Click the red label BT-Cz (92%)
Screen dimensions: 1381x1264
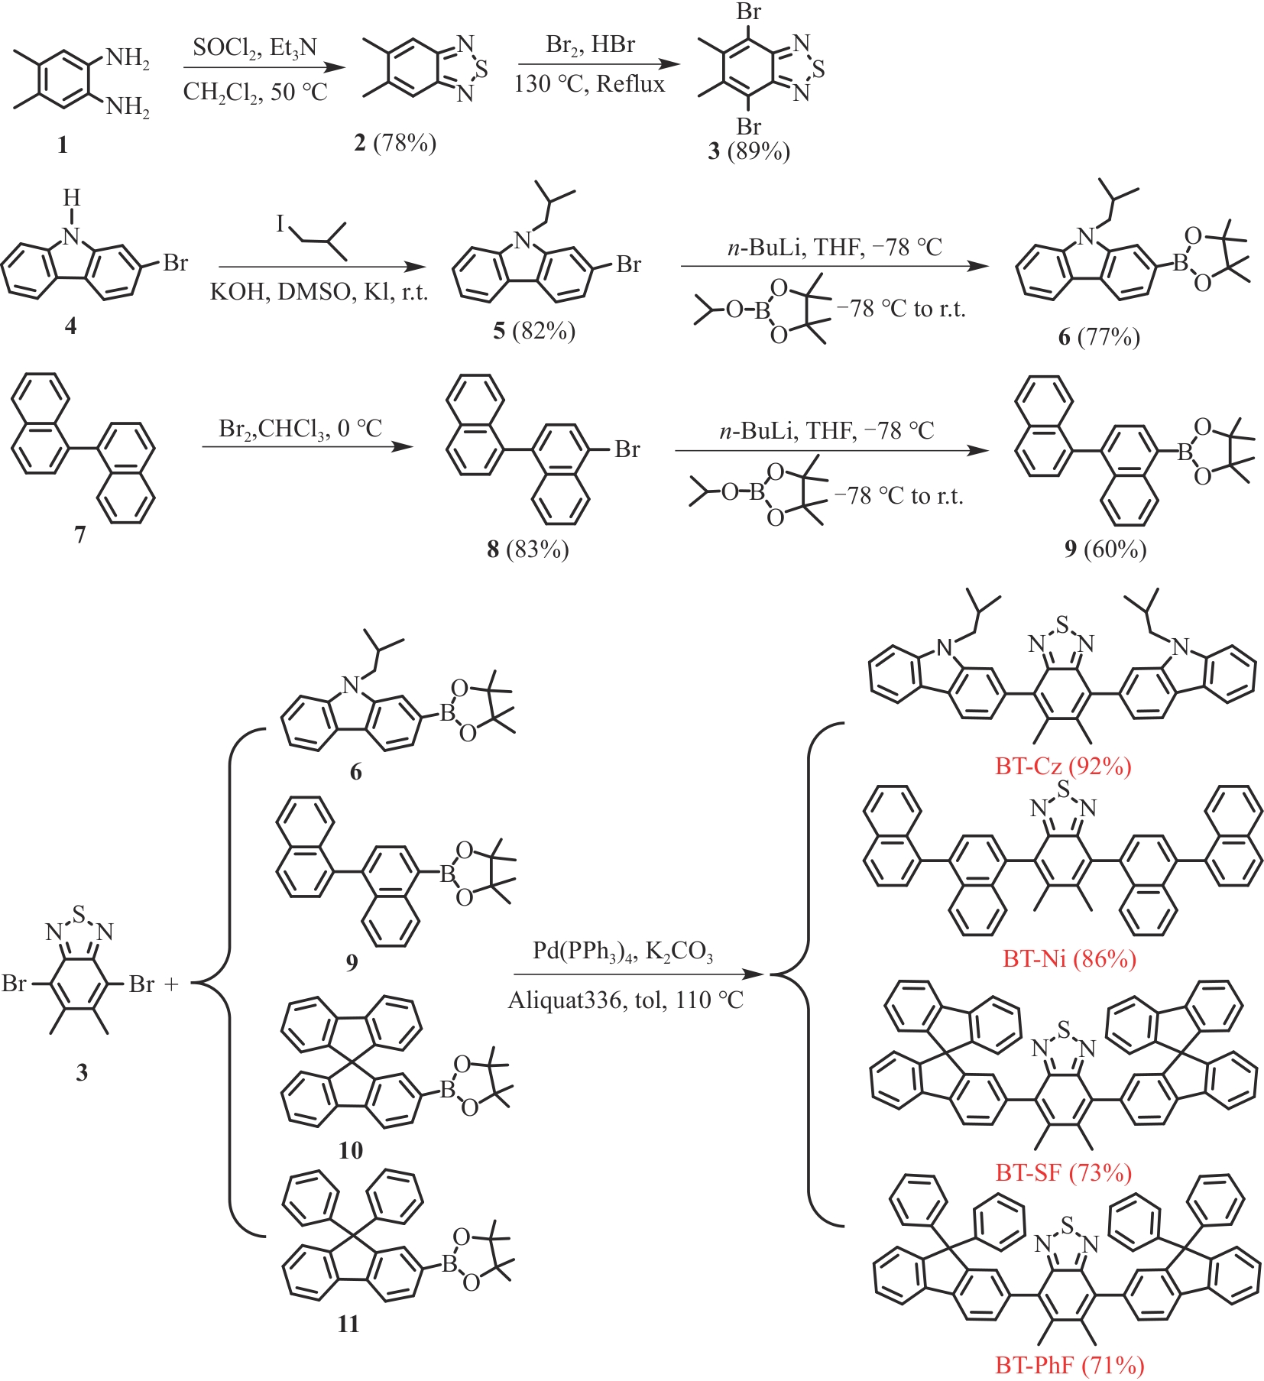[1063, 766]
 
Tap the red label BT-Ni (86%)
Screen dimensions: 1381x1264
[1069, 958]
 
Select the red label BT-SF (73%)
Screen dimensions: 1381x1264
[1063, 1172]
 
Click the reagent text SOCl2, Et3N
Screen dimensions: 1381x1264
[254, 48]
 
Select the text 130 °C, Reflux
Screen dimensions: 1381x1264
[589, 83]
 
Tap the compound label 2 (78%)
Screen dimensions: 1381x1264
[395, 142]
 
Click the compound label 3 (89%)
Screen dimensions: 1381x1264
[748, 151]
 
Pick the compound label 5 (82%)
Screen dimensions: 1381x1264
[534, 330]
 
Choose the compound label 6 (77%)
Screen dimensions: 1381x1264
[1099, 336]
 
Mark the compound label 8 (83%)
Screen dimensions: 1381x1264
[528, 549]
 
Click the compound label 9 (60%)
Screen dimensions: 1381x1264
[1105, 549]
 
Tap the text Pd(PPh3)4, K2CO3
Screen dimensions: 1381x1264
[623, 951]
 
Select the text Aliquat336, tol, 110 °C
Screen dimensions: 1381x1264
[625, 1000]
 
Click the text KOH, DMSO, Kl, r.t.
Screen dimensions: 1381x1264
[319, 292]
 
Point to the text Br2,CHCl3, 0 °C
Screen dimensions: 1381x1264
[300, 429]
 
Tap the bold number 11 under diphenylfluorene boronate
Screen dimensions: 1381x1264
[348, 1324]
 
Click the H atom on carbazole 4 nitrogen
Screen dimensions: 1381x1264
[71, 198]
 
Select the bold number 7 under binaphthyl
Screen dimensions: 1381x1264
[79, 534]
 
